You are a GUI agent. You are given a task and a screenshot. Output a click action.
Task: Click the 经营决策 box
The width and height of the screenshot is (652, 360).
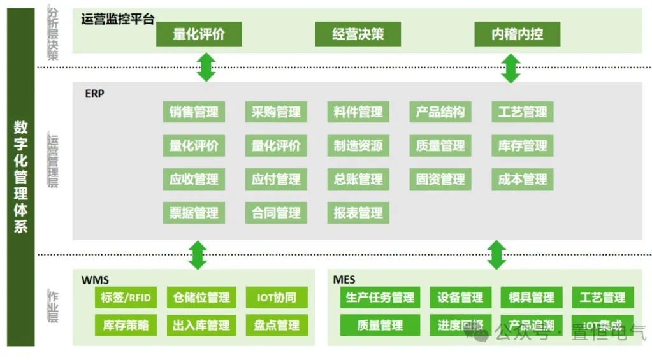point(358,34)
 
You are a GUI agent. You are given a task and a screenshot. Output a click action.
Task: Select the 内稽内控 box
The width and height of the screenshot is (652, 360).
point(517,34)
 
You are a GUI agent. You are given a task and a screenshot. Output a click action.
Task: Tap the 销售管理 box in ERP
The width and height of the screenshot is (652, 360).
point(194,112)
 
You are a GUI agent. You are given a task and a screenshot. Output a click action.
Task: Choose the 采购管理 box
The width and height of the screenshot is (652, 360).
point(276,112)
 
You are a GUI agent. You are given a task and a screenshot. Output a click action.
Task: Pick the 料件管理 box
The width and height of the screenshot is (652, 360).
point(358,112)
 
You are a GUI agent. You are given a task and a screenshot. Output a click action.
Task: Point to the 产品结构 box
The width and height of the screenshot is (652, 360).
point(440,112)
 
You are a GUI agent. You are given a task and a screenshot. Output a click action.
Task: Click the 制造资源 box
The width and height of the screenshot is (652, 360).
point(358,146)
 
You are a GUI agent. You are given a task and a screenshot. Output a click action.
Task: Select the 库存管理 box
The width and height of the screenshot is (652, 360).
point(523,146)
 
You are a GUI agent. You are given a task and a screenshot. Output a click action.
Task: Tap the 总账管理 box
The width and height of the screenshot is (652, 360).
point(358,179)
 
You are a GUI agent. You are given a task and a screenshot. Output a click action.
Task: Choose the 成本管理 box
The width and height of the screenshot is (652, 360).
point(523,179)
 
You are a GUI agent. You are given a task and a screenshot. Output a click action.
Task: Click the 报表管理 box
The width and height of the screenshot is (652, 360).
point(358,213)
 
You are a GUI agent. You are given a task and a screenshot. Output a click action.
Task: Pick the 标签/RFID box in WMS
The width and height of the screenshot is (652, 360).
point(126,298)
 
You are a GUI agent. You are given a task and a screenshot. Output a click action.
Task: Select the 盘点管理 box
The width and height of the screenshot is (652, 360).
point(276,326)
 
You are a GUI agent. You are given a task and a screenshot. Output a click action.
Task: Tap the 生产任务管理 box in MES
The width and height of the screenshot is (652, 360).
point(380,298)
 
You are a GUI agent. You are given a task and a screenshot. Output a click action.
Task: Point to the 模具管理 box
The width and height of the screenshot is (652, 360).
point(532,298)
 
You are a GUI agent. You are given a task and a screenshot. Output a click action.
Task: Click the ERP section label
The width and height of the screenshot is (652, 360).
point(94,94)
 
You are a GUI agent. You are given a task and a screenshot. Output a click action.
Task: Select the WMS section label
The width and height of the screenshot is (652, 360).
point(95,280)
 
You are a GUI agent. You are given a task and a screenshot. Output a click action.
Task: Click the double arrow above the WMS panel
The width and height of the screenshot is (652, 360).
point(198,255)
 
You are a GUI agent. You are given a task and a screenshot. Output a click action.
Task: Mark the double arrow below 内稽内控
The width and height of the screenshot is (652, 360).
point(511,68)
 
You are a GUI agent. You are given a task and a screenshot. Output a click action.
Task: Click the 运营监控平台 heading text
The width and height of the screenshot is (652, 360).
point(118,19)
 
